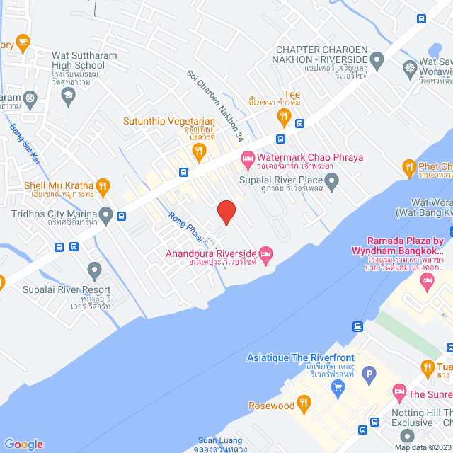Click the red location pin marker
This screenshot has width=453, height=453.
point(226,212)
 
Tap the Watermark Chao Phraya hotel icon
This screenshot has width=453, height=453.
point(247,157)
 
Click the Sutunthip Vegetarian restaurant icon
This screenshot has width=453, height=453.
point(200,150)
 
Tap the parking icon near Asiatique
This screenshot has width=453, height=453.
point(368,374)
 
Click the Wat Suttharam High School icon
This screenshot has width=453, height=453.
point(69,98)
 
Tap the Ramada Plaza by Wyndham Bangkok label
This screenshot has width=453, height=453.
point(405,246)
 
